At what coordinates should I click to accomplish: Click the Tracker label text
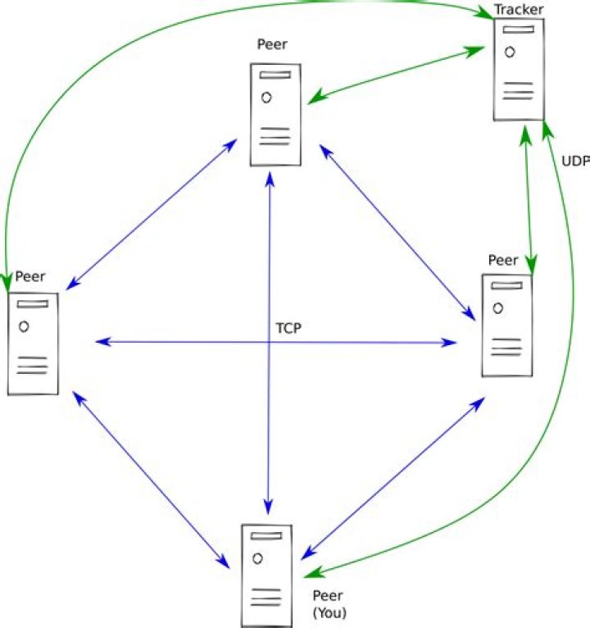[519, 10]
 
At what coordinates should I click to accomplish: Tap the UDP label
[575, 161]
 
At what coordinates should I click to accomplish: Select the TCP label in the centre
[288, 328]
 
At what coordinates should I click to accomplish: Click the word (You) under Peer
[329, 612]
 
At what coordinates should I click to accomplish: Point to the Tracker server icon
[519, 70]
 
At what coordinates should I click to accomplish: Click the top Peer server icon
[275, 115]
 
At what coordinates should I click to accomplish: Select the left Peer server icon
[33, 344]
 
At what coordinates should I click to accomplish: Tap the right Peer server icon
[507, 325]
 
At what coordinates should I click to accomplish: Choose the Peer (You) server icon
[267, 576]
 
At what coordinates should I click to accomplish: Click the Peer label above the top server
[272, 44]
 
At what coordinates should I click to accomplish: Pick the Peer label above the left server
[30, 276]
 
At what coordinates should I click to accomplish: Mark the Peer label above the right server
[503, 261]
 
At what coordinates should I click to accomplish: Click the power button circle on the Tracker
[510, 52]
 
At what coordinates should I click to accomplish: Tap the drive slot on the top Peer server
[275, 75]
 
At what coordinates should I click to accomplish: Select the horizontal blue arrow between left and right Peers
[276, 342]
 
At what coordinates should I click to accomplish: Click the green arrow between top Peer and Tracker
[397, 75]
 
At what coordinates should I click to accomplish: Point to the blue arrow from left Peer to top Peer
[152, 214]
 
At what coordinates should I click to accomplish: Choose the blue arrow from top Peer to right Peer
[397, 233]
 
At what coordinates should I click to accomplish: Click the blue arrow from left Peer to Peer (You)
[152, 480]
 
